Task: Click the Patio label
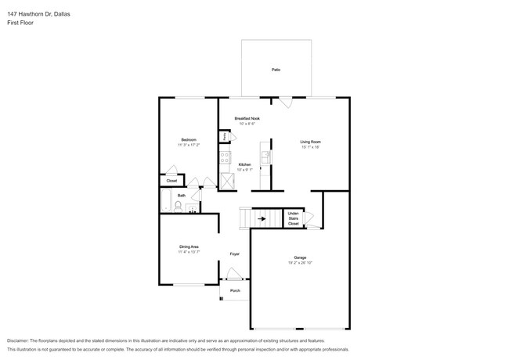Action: (x=276, y=70)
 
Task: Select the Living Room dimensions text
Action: (x=310, y=147)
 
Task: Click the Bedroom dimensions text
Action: (x=189, y=145)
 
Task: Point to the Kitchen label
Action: (x=244, y=164)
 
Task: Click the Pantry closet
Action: (x=225, y=137)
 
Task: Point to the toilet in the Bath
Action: (x=179, y=207)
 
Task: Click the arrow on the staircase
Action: (x=262, y=218)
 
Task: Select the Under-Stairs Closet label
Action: (x=293, y=218)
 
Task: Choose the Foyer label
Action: (x=234, y=254)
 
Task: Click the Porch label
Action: (x=234, y=290)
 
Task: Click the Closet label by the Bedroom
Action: (x=171, y=181)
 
